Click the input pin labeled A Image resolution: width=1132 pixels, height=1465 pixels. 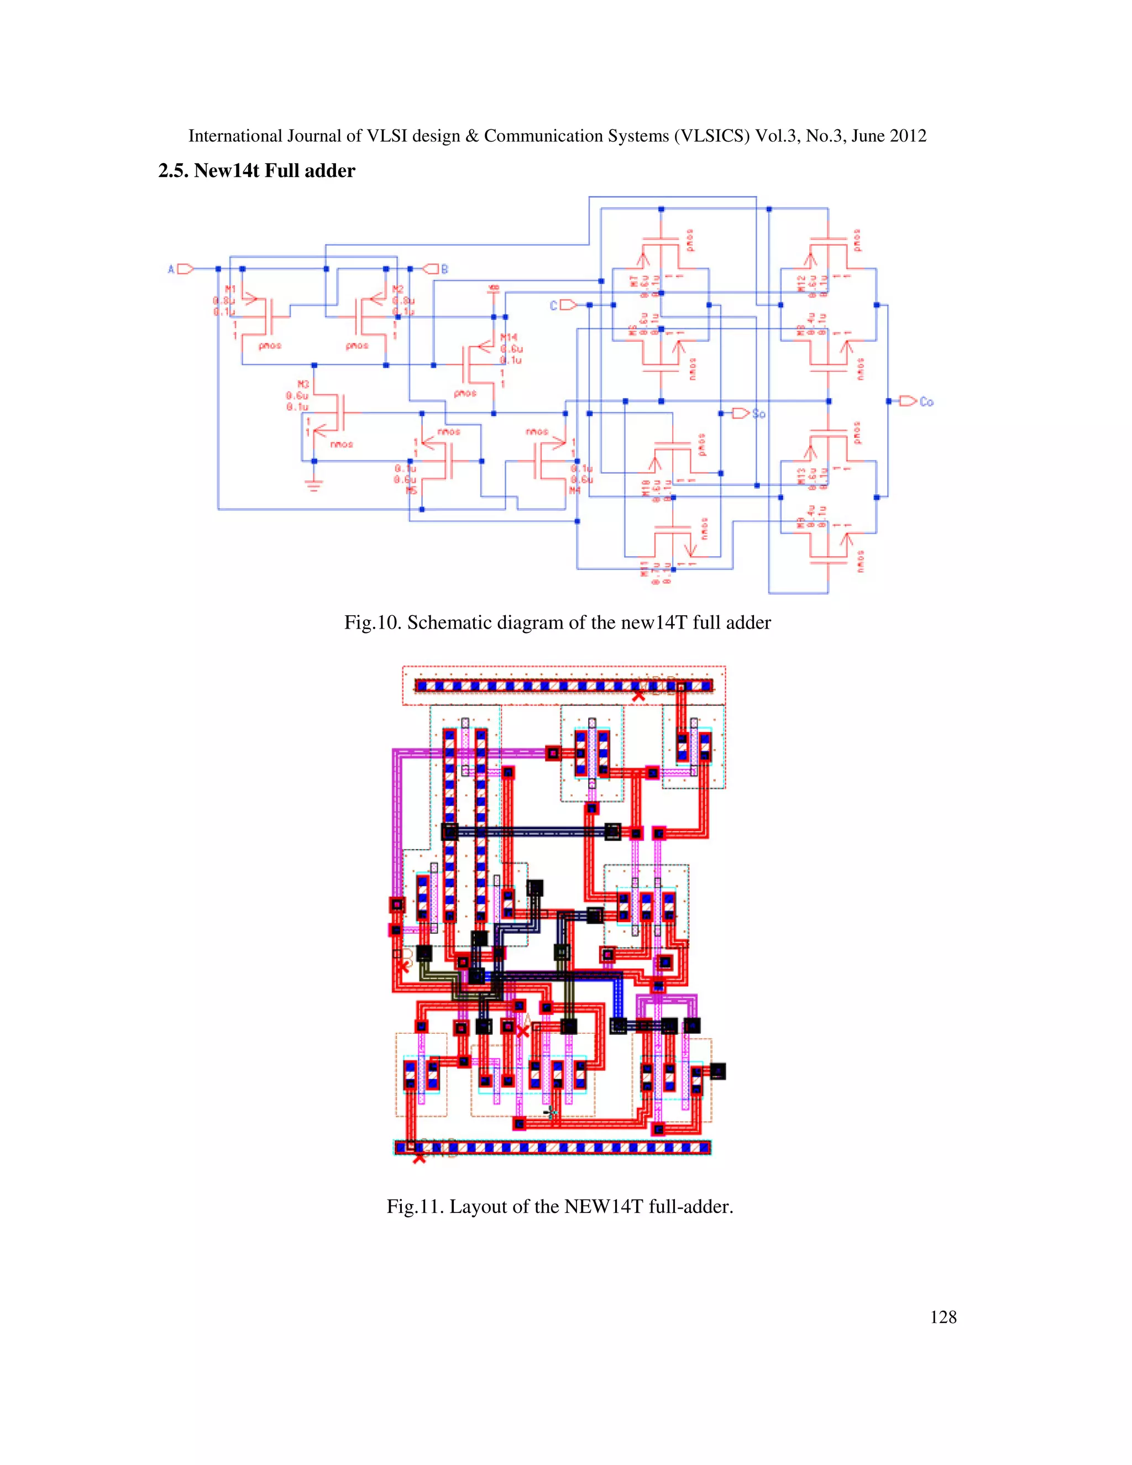tap(185, 269)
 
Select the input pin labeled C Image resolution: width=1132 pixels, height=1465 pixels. tap(567, 305)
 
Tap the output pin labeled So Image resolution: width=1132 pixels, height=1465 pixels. tap(740, 413)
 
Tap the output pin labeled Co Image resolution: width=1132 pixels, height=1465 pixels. tap(908, 401)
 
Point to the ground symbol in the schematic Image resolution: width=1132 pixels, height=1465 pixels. tap(313, 484)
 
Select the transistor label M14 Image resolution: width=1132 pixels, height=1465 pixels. tap(509, 337)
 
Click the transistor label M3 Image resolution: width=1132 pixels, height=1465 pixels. tap(303, 384)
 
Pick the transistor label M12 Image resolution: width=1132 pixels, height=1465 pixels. tap(801, 283)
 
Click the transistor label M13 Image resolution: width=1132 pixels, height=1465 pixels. tap(801, 476)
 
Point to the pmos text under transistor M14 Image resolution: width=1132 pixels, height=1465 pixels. tap(465, 393)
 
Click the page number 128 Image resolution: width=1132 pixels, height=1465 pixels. tap(943, 1317)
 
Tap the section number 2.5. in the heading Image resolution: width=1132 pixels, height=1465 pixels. tap(173, 171)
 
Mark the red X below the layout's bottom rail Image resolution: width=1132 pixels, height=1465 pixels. tap(419, 1158)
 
